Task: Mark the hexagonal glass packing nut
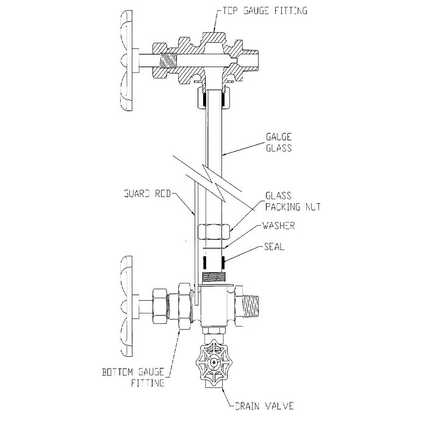(x=215, y=232)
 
